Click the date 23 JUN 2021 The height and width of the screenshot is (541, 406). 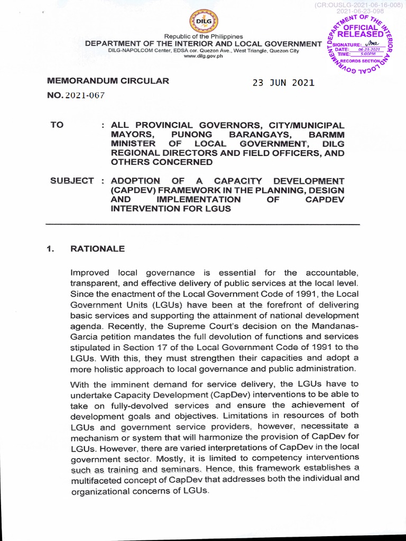[x=283, y=82]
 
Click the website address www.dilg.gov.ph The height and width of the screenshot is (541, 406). [x=203, y=56]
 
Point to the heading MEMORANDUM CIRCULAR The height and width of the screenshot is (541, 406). [x=108, y=81]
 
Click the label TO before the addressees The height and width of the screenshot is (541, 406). [x=57, y=125]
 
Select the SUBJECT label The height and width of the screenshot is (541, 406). [x=72, y=181]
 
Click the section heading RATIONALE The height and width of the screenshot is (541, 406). [x=98, y=248]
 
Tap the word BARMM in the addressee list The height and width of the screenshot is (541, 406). [x=326, y=134]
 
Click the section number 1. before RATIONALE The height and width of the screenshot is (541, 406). [x=51, y=248]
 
